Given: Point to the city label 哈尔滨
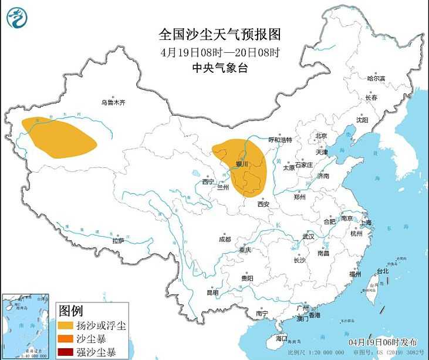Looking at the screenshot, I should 376,78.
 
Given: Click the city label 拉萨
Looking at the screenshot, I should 118,240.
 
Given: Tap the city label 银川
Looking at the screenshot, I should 242,163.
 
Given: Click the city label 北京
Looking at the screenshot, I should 321,136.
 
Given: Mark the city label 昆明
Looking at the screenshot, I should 212,292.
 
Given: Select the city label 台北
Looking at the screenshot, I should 383,271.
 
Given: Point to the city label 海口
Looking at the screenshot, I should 282,338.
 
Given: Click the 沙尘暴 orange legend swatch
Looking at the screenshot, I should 65,339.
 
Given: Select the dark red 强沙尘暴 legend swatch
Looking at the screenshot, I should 65,352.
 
